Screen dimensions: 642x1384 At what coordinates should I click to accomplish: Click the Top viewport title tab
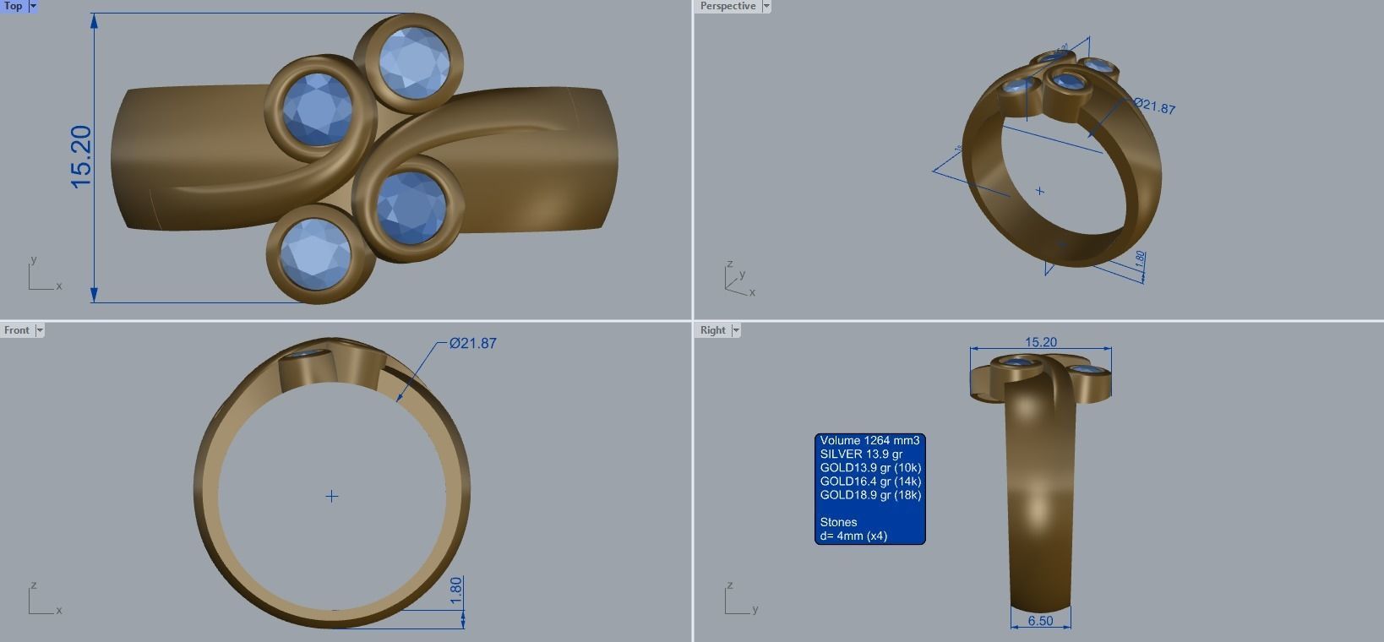(14, 6)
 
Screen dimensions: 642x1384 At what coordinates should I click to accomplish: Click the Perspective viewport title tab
(727, 6)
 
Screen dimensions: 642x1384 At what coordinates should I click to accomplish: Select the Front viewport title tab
(16, 330)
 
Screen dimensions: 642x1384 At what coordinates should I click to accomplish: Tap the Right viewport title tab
(712, 330)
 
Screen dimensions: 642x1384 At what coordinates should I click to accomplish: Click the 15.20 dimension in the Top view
(81, 156)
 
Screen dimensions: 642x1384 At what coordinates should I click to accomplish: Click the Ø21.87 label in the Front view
(472, 344)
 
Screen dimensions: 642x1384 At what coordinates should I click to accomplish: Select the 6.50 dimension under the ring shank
(1040, 621)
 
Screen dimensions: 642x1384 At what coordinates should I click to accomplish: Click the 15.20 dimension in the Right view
(1040, 342)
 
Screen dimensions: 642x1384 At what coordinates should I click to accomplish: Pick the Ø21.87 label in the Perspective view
(1154, 107)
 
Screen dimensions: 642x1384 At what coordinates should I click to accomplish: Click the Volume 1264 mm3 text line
(869, 441)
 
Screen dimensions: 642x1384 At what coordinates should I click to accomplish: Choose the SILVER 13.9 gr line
(861, 454)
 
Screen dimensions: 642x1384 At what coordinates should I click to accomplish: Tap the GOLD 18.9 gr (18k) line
(870, 495)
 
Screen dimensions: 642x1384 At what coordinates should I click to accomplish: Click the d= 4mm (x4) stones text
(853, 536)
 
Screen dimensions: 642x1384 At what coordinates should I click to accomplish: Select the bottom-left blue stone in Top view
(315, 253)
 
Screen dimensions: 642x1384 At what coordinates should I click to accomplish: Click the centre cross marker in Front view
(332, 496)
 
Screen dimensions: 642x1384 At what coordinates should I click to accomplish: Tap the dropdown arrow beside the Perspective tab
(766, 6)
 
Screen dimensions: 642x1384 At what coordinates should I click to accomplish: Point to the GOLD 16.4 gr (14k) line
(870, 481)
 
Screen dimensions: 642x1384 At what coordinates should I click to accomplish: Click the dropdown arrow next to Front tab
(39, 330)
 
